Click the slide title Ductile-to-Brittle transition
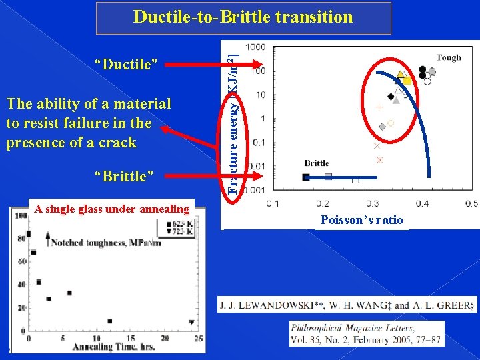[243, 17]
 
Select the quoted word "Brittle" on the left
[125, 176]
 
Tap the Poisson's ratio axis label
[361, 220]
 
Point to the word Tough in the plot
[449, 57]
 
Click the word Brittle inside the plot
[317, 163]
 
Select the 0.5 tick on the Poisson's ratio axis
[471, 203]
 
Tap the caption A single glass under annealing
[112, 209]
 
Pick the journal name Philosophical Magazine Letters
[353, 327]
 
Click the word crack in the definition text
[117, 142]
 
